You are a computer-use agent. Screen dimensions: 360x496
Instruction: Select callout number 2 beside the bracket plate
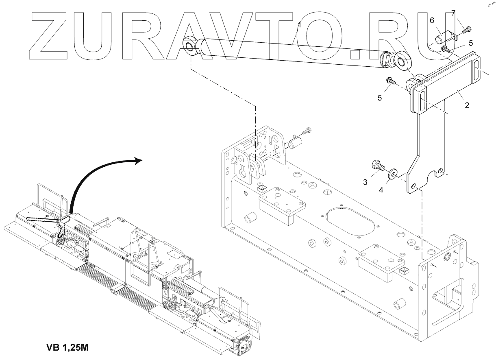(x=467, y=105)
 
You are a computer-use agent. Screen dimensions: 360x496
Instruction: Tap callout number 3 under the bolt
(x=365, y=183)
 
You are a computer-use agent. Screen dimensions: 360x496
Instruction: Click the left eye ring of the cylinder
(x=190, y=46)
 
